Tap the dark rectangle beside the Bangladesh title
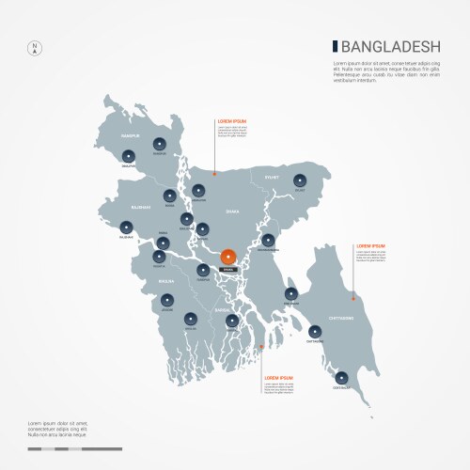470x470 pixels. [x=334, y=45]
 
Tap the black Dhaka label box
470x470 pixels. [x=228, y=270]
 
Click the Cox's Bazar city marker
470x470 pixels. [x=341, y=377]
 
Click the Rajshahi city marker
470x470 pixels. [x=126, y=227]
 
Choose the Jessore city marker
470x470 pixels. [x=168, y=299]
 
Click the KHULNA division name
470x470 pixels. [x=166, y=279]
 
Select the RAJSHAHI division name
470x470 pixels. [x=140, y=207]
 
